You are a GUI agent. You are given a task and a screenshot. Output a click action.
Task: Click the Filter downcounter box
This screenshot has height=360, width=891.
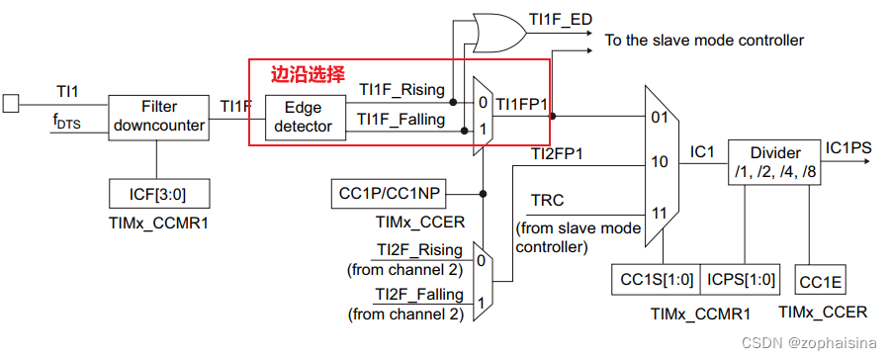(x=158, y=116)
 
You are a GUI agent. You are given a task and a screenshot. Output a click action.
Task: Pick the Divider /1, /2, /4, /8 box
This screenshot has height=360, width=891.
(x=771, y=161)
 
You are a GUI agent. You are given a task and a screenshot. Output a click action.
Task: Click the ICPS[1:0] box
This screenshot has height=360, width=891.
(x=742, y=279)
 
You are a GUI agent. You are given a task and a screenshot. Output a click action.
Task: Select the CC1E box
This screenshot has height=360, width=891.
(x=821, y=281)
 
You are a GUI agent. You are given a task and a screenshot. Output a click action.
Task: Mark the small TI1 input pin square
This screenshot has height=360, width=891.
(x=11, y=101)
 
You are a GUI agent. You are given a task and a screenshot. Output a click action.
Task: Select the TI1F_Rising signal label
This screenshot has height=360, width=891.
(x=401, y=89)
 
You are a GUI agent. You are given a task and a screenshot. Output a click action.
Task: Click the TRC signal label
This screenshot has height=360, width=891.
(x=549, y=202)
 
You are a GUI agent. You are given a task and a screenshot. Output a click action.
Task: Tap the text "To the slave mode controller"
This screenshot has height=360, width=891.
(x=704, y=41)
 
